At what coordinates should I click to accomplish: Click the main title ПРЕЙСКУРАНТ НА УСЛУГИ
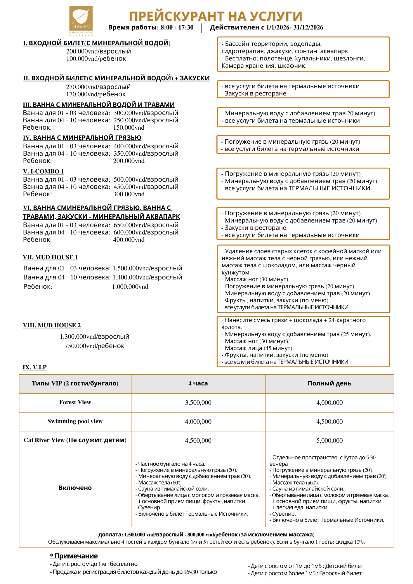pos(216,16)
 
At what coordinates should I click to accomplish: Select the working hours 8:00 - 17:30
pos(177,27)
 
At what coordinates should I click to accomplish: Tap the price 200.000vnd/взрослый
pos(98,51)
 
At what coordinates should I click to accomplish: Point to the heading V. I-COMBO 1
pos(43,171)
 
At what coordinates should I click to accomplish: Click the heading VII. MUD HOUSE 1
pos(50,257)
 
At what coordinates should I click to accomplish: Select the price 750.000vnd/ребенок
pos(94,346)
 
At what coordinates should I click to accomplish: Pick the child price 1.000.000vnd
pos(130,287)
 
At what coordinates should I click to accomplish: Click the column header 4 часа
pos(198,383)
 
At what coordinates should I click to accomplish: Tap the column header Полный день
pos(329,383)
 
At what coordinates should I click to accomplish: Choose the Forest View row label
pos(75,402)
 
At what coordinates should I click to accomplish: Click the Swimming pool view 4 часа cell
pos(198,421)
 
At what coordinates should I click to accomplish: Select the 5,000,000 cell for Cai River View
pos(329,440)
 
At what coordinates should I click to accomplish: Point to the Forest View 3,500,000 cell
pos(198,403)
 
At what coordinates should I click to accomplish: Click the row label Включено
pos(75,488)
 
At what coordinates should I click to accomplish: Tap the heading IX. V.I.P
pos(34,367)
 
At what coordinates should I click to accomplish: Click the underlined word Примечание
pos(76,556)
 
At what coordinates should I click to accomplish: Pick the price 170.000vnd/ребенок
pos(96,94)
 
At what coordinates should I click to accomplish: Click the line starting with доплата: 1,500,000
pos(206,535)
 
